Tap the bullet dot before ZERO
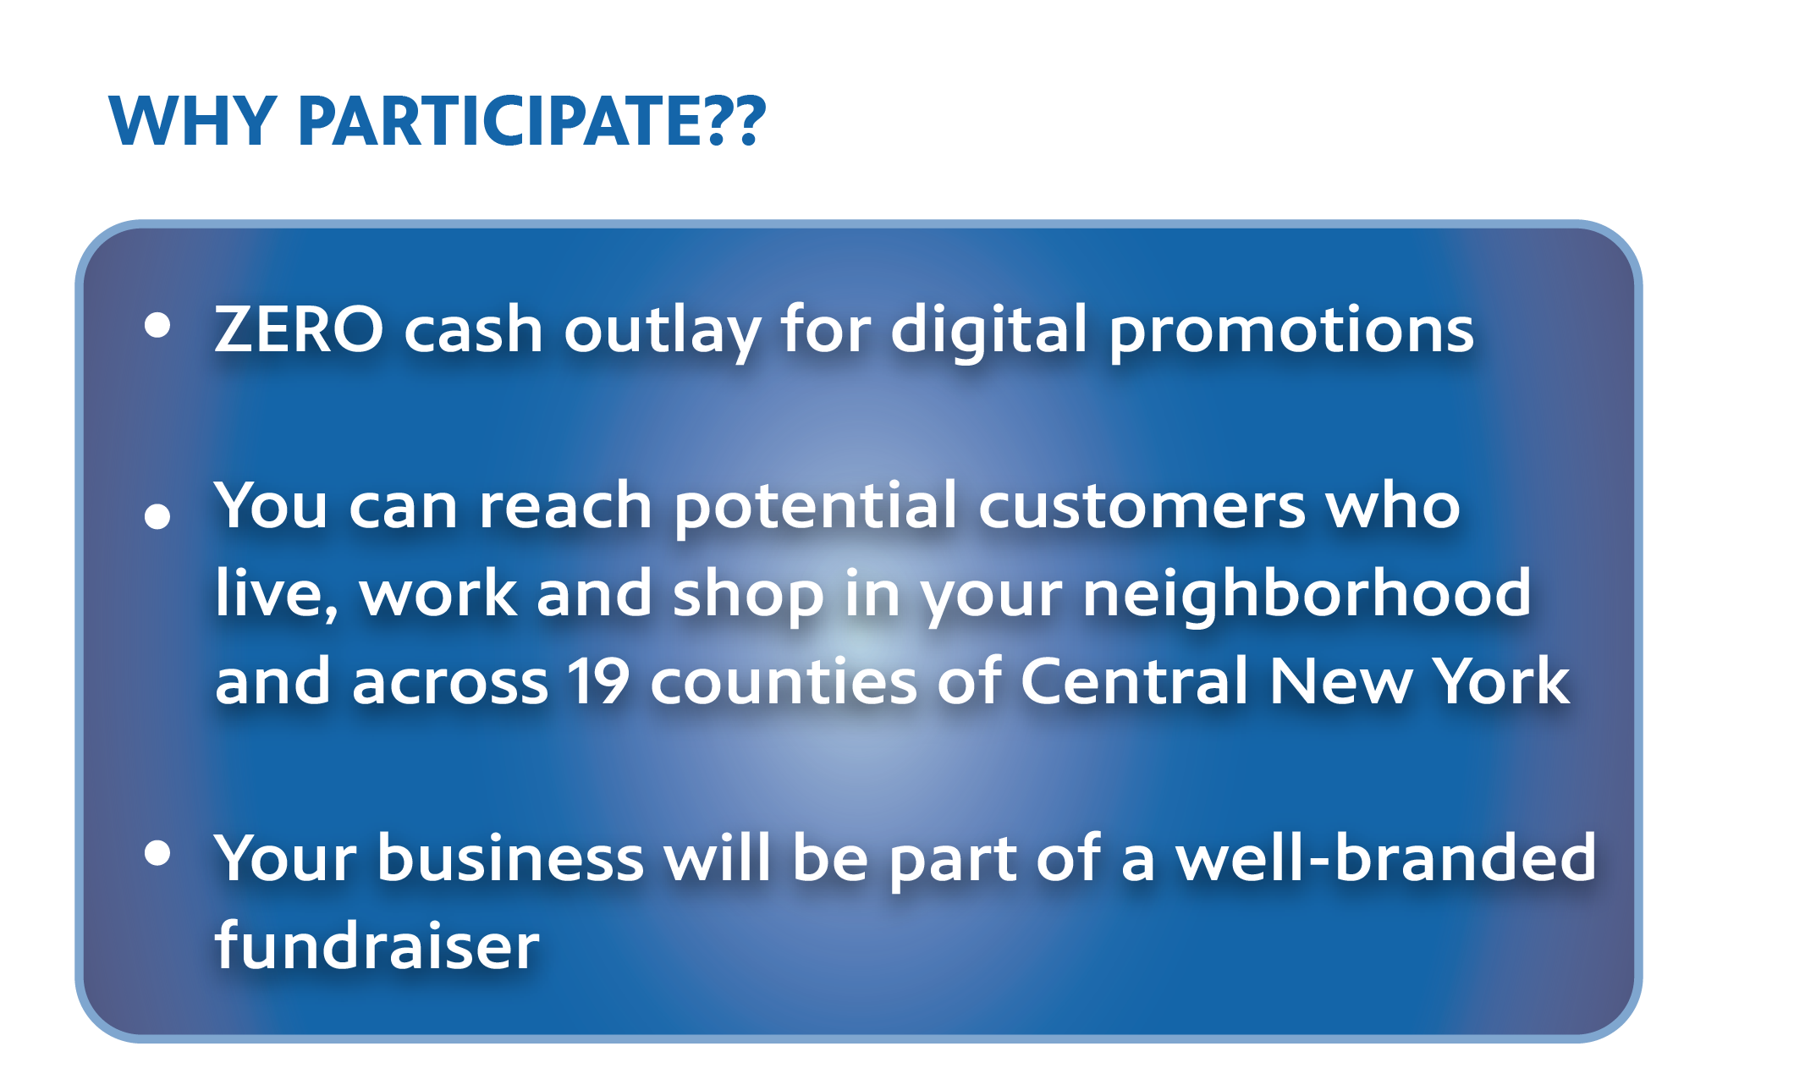click(157, 324)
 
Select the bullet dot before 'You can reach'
click(157, 515)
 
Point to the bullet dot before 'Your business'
click(157, 852)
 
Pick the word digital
click(988, 330)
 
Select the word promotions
click(1291, 333)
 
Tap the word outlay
click(663, 332)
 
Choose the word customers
click(1142, 507)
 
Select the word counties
click(784, 681)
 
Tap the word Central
click(1134, 680)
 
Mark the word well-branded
click(1385, 857)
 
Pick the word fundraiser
click(377, 945)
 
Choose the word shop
click(748, 597)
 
